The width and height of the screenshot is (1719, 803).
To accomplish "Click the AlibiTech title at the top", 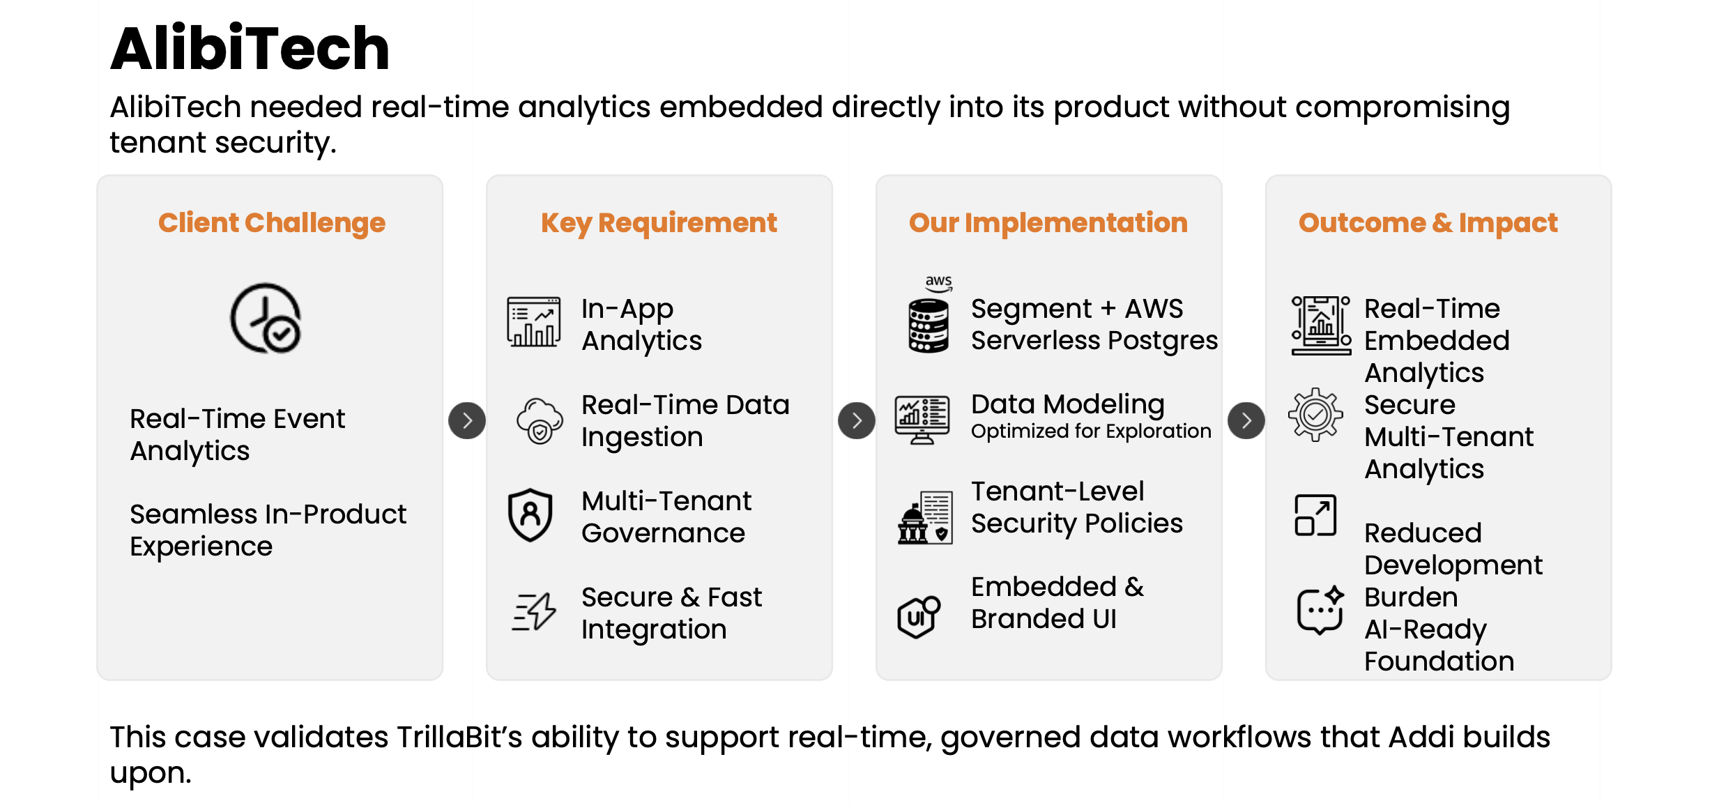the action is pyautogui.click(x=250, y=48).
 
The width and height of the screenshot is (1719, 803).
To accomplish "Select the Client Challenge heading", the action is pyautogui.click(x=271, y=223).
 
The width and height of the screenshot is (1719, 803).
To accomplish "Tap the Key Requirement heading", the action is pyautogui.click(x=659, y=223).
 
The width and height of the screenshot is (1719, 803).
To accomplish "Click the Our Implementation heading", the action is pyautogui.click(x=1048, y=223).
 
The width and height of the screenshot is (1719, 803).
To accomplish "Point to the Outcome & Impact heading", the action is pyautogui.click(x=1428, y=223).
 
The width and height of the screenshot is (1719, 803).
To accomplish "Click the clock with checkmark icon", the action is pyautogui.click(x=266, y=318).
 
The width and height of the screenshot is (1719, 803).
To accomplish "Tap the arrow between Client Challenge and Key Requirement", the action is pyautogui.click(x=467, y=420).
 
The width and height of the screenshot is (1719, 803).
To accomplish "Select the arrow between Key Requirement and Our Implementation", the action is pyautogui.click(x=857, y=420).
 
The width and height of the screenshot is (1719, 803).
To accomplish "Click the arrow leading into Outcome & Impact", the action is pyautogui.click(x=1246, y=420).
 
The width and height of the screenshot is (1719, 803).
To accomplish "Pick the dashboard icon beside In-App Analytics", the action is pyautogui.click(x=533, y=322).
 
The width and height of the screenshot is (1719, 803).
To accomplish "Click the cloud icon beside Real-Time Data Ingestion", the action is pyautogui.click(x=539, y=421).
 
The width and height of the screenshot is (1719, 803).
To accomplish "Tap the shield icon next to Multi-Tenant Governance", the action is pyautogui.click(x=530, y=515).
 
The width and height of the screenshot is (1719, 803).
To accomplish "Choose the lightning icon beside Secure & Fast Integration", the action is pyautogui.click(x=534, y=611).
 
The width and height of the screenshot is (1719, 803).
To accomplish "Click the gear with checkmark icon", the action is pyautogui.click(x=1315, y=415).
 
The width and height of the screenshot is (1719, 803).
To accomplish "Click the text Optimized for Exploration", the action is pyautogui.click(x=1091, y=431).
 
